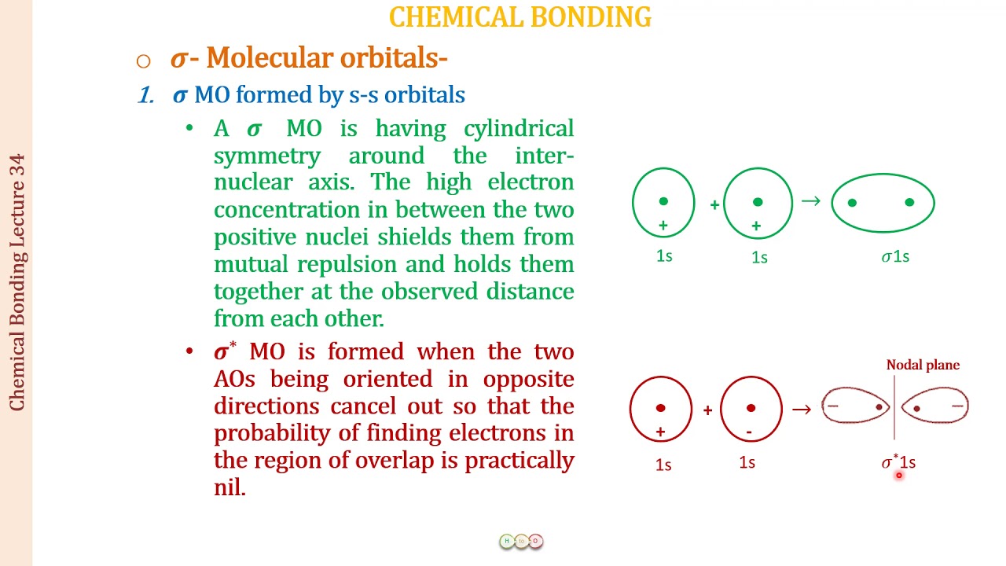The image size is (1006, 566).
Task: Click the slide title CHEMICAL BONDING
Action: (x=520, y=17)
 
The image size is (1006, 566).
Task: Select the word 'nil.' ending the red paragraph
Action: (x=229, y=487)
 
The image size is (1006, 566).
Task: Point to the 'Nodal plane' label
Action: (x=923, y=365)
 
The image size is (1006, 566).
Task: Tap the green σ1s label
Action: (x=895, y=256)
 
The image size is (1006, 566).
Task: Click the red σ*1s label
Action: (x=898, y=462)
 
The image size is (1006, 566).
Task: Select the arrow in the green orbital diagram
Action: (x=810, y=202)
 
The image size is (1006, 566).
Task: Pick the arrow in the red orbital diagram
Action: (x=802, y=409)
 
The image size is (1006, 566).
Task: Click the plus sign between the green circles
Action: (x=714, y=205)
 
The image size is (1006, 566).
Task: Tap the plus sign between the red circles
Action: (x=707, y=410)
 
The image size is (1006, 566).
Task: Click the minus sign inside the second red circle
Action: (x=749, y=432)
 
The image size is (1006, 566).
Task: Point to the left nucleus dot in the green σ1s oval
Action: (x=853, y=203)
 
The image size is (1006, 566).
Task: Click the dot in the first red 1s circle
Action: (x=660, y=408)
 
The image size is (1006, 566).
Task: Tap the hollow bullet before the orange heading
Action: (x=142, y=61)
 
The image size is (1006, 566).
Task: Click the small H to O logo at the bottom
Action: (x=521, y=541)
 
